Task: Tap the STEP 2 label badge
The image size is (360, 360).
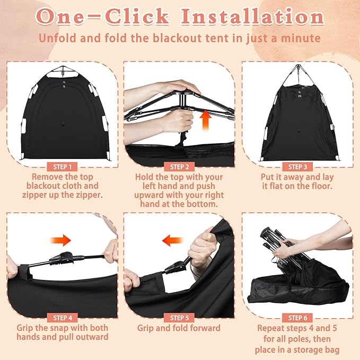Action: pyautogui.click(x=180, y=166)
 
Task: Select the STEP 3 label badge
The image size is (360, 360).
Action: pyautogui.click(x=298, y=166)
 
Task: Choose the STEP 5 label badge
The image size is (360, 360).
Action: pyautogui.click(x=180, y=318)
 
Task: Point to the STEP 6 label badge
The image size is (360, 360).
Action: pyautogui.click(x=298, y=318)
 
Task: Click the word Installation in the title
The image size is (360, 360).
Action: pyautogui.click(x=252, y=17)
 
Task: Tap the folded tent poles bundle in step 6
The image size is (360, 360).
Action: pyautogui.click(x=281, y=249)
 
